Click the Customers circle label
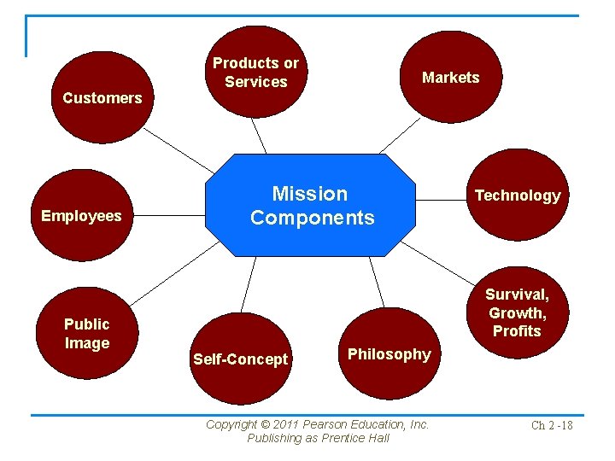point(102,97)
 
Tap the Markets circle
point(451,77)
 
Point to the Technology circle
point(518,195)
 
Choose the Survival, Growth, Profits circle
point(518,312)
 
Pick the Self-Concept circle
point(240,359)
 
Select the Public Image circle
point(87,333)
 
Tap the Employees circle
point(82,215)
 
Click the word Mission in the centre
point(310,194)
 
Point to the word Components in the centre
point(313,218)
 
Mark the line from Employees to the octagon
point(171,215)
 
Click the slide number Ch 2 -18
point(552,425)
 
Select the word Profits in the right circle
point(518,330)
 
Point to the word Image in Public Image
point(88,343)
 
